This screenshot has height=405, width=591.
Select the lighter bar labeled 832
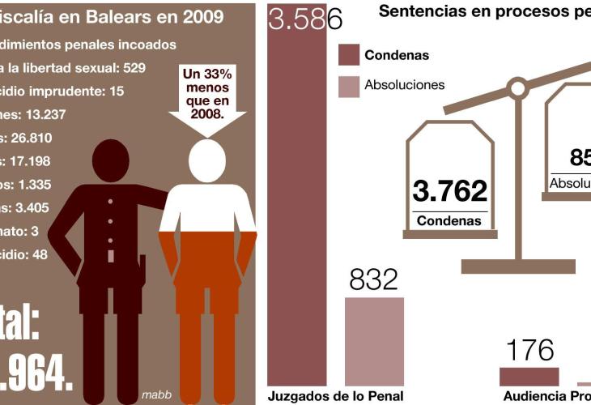(374, 341)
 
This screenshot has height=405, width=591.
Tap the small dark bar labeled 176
(529, 377)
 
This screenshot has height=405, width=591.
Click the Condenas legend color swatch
(348, 56)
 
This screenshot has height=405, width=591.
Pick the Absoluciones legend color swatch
(348, 85)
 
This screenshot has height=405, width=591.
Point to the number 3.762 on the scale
(450, 191)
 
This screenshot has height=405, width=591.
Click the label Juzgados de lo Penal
(335, 396)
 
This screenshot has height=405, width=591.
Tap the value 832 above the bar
(374, 279)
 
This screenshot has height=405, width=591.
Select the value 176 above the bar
(529, 350)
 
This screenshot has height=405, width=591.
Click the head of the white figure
(207, 160)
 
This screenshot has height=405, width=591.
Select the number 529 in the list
(130, 67)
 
